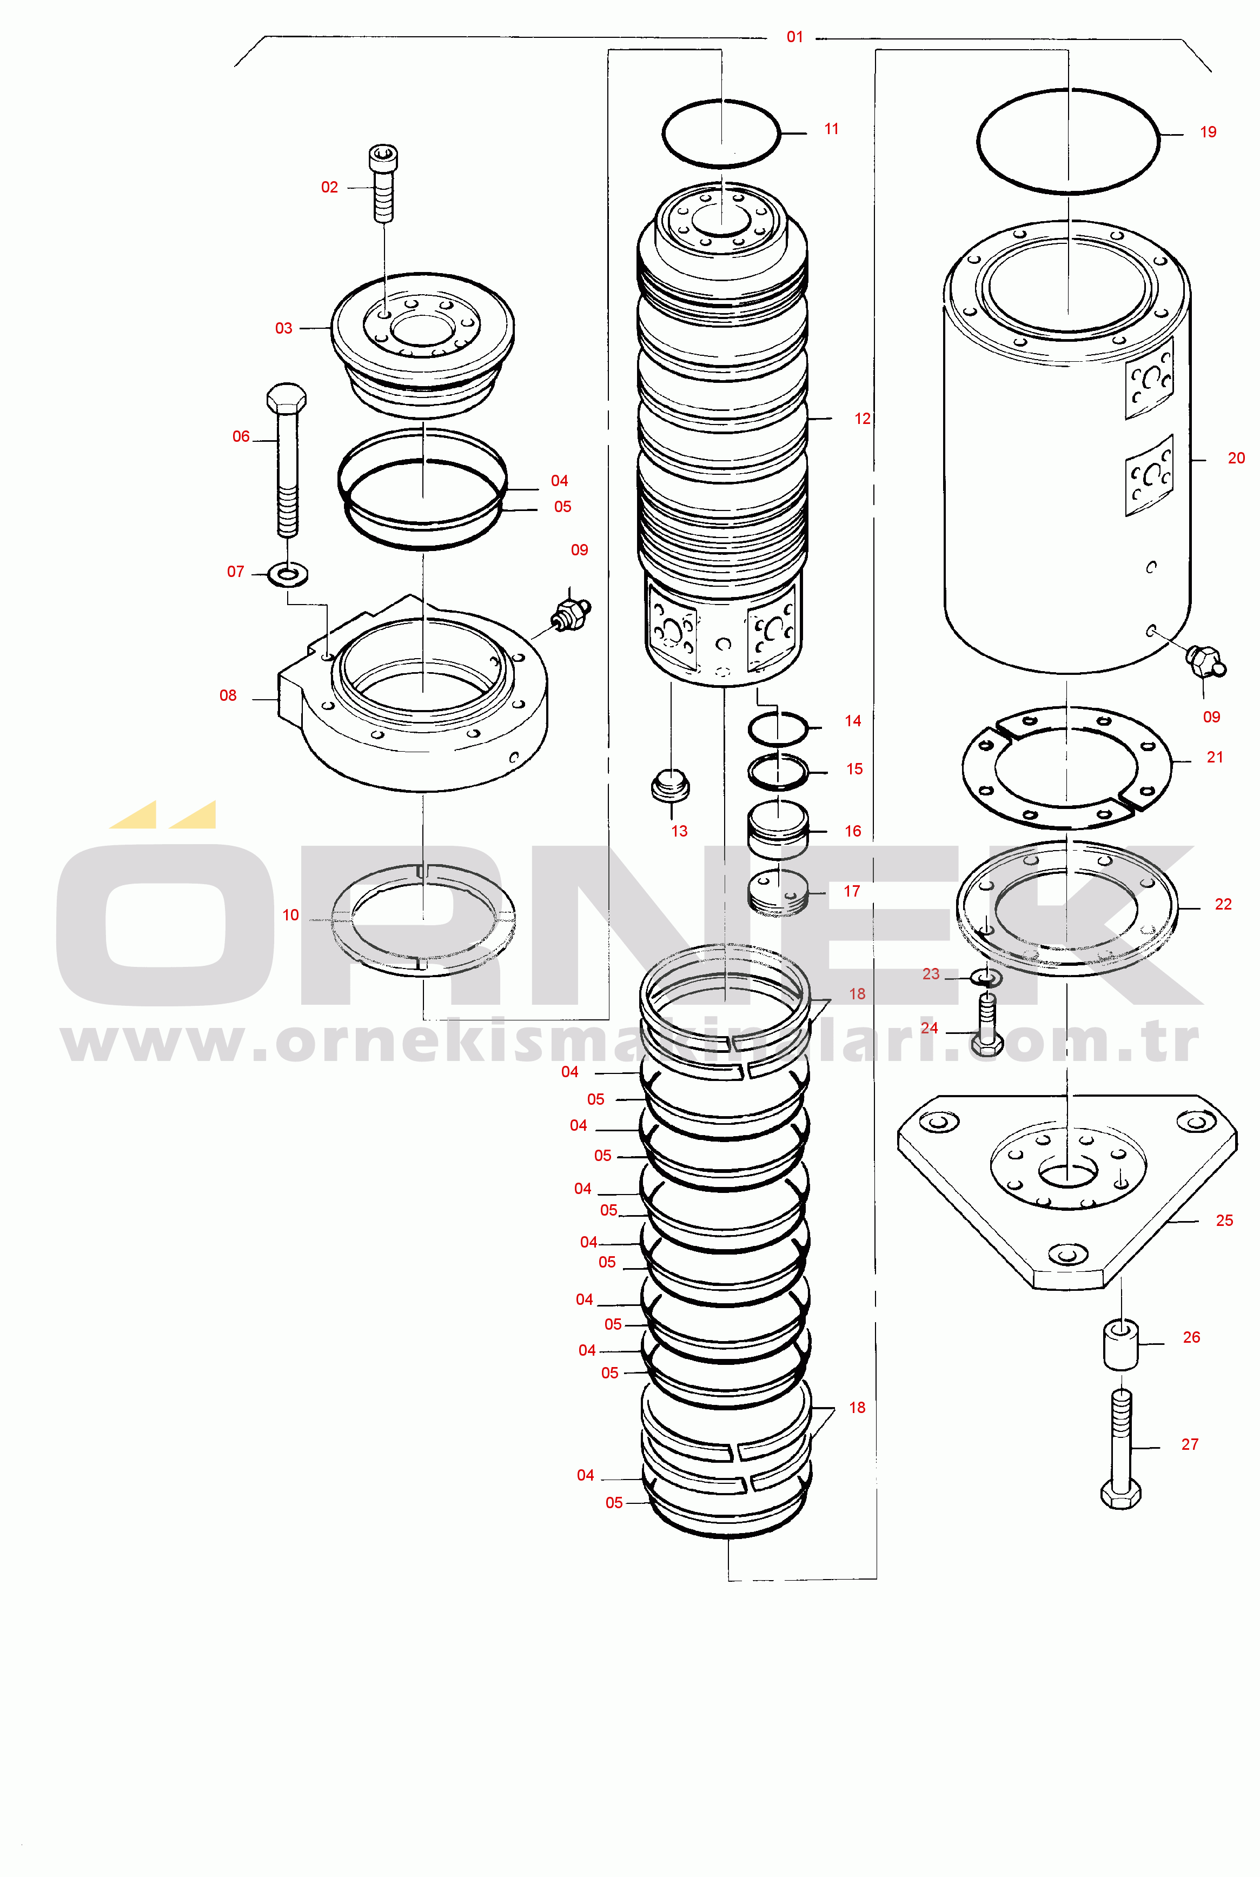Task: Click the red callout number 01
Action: coord(795,37)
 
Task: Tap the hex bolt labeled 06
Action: coord(286,460)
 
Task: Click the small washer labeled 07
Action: coord(288,574)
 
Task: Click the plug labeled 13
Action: coord(670,784)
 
